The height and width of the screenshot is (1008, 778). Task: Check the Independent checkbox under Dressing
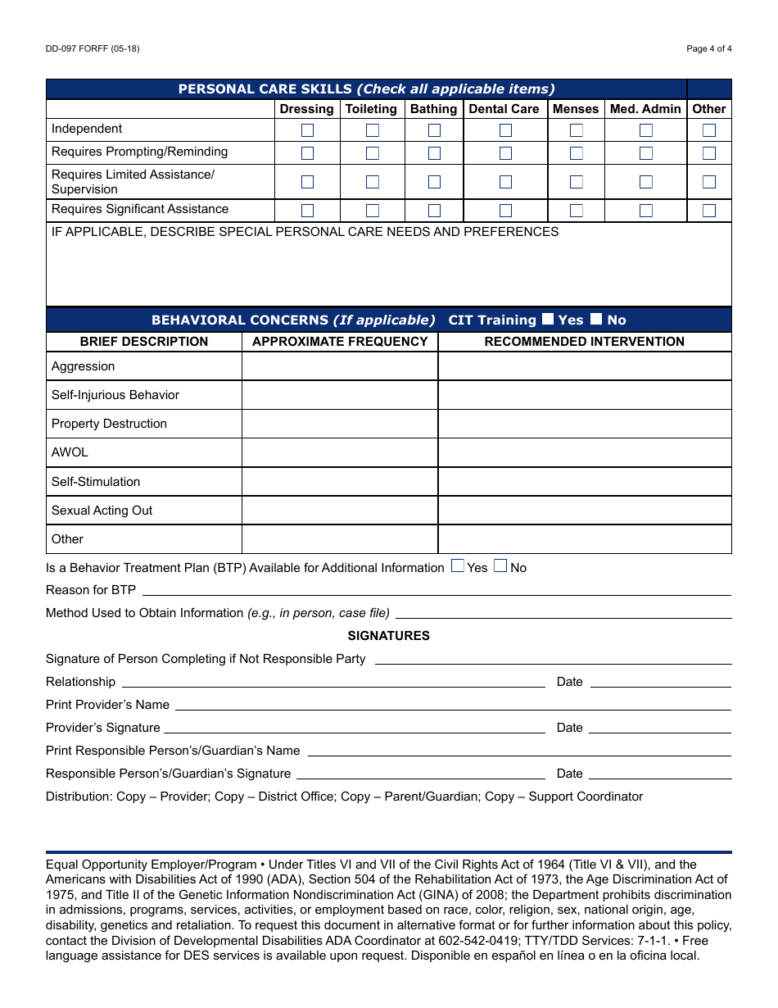tap(307, 130)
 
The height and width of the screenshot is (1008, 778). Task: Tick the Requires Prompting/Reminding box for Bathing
tap(434, 153)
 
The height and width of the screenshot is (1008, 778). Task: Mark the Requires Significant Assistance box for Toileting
tap(372, 211)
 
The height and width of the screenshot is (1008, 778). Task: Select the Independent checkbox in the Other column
tap(709, 130)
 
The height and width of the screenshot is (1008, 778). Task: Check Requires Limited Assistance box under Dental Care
tap(505, 182)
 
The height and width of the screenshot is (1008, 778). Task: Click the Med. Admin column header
tap(645, 109)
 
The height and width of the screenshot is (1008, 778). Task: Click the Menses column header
tap(576, 109)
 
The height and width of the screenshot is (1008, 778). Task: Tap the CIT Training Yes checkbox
tap(548, 320)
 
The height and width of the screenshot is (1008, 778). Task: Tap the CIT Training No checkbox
tap(596, 320)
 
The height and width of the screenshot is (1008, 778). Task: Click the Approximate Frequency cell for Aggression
tap(340, 366)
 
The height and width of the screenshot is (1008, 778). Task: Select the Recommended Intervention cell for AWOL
tap(585, 452)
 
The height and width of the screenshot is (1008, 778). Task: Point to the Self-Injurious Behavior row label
tap(115, 395)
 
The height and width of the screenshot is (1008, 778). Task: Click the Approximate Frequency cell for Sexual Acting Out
tap(340, 511)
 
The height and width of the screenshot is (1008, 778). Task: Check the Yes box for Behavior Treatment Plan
tap(458, 566)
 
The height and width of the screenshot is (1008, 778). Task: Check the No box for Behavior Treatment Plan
tap(500, 566)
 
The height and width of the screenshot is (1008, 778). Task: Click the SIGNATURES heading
tap(388, 636)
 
